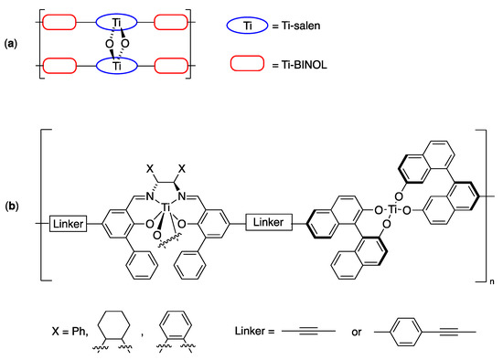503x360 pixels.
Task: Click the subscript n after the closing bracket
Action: [x=490, y=287]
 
